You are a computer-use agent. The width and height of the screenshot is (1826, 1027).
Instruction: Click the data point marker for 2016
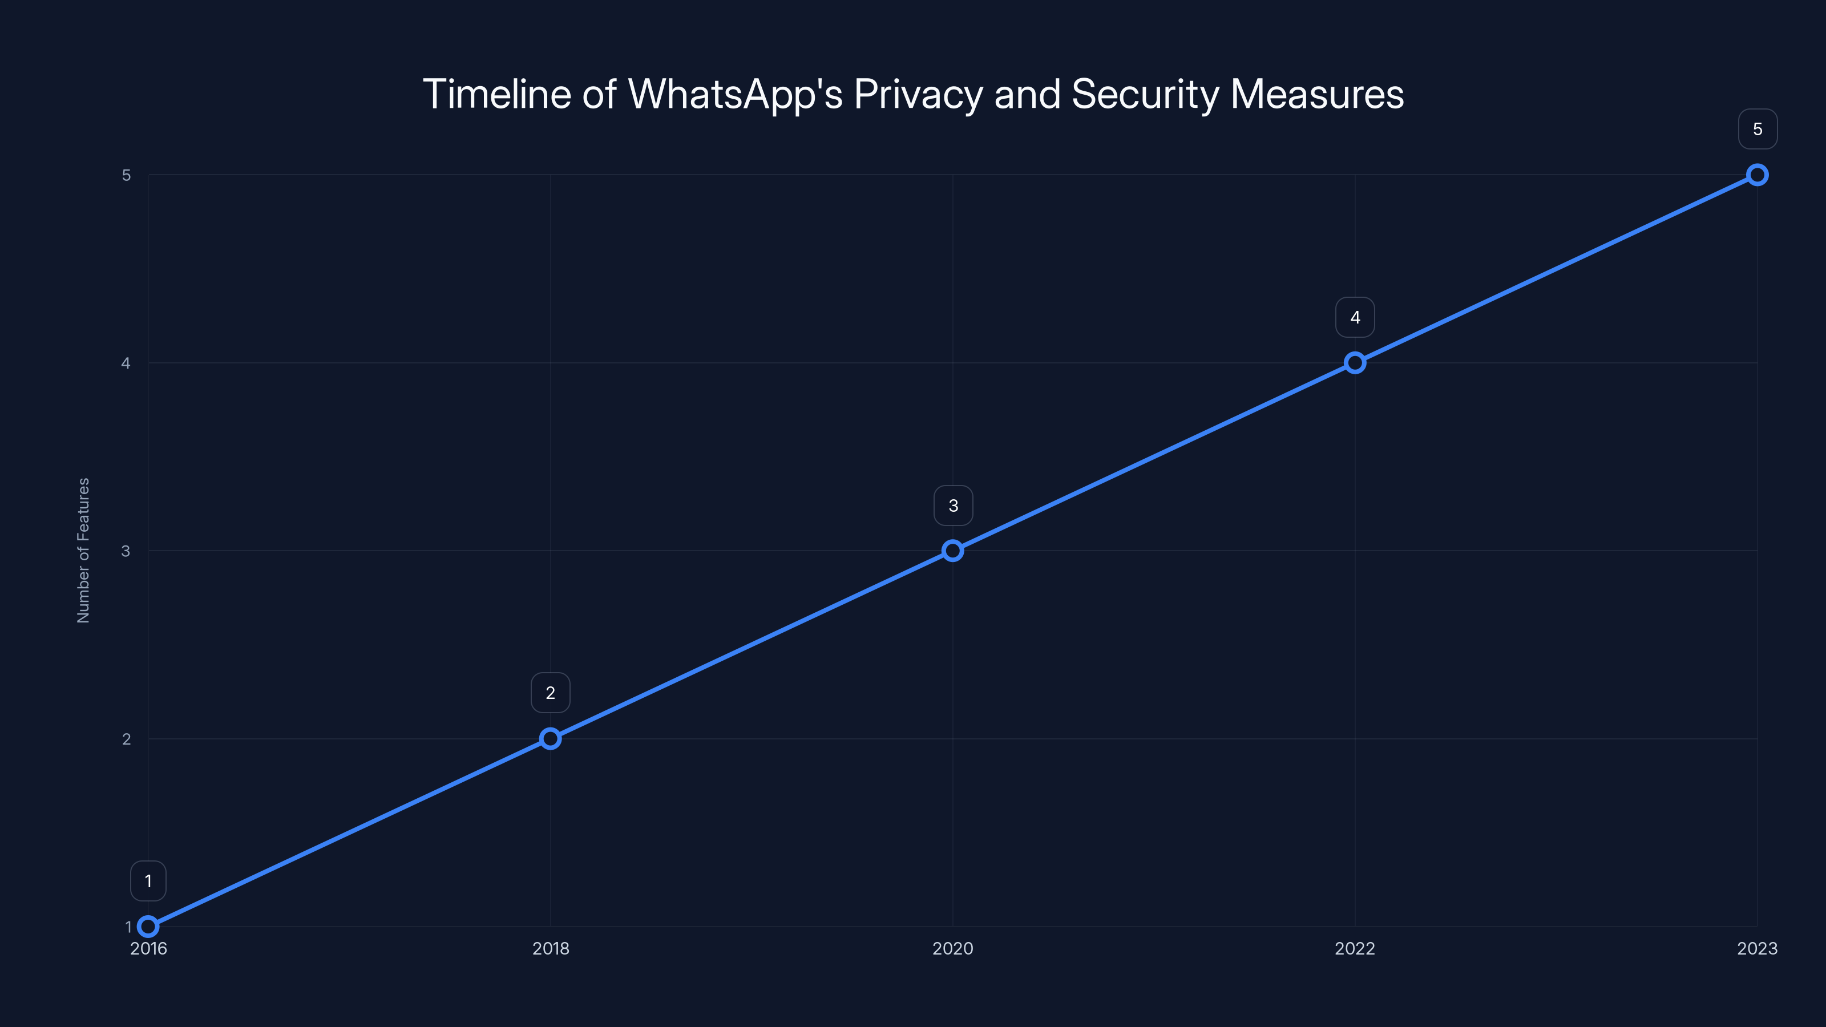[x=148, y=927]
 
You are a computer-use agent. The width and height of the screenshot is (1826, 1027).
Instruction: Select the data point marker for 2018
[x=550, y=738]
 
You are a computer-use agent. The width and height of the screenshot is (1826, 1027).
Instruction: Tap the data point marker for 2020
[x=953, y=551]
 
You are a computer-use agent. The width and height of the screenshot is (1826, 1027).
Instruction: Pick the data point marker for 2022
[x=1355, y=363]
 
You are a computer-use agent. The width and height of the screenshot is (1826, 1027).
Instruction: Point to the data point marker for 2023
[x=1758, y=175]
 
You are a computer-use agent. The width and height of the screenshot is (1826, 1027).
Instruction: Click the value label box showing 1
[x=148, y=881]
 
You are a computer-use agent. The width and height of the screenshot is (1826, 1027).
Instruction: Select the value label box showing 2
[x=550, y=693]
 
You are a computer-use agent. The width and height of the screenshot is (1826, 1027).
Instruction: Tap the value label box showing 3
[x=953, y=506]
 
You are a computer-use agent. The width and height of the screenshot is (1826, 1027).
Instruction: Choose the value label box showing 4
[x=1355, y=318]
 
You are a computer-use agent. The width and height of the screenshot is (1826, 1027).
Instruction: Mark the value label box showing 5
[x=1758, y=129]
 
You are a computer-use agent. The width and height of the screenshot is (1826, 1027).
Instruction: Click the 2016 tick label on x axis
[x=148, y=948]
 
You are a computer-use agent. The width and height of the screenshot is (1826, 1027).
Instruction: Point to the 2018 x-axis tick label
[x=550, y=948]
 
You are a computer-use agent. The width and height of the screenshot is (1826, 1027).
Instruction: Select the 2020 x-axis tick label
[x=953, y=948]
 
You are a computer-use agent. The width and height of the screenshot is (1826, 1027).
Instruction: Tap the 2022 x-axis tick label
[x=1355, y=948]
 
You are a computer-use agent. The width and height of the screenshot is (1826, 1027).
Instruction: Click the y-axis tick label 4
[x=126, y=363]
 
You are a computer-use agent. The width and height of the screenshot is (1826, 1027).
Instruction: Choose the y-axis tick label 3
[x=126, y=551]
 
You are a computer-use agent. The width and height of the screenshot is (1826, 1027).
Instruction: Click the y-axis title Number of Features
[x=84, y=551]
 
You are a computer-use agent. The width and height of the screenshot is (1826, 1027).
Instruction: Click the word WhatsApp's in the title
[x=735, y=95]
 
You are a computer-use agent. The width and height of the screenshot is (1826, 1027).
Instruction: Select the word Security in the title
[x=1145, y=95]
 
